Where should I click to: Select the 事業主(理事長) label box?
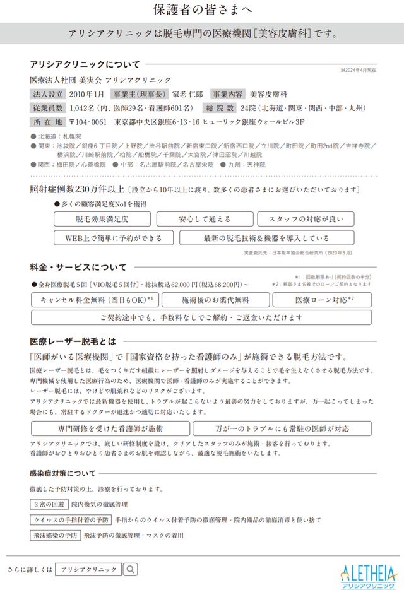[x=133, y=93]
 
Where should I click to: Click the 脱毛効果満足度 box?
[x=102, y=220]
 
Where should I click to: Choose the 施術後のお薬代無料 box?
[x=215, y=300]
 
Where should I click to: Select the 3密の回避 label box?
[x=49, y=504]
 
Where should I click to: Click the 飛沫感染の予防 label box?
[x=55, y=535]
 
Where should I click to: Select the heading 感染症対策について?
[x=63, y=473]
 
